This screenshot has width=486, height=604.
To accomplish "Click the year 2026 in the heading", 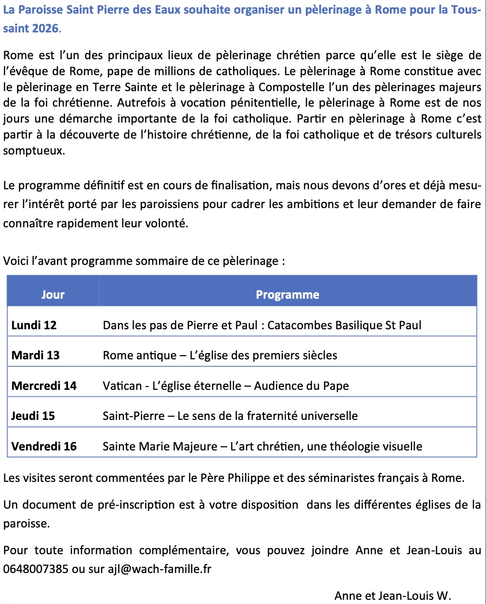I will coord(46,28).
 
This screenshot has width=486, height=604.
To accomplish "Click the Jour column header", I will coord(53,294).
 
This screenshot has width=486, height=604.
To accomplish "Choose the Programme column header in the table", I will coord(287,294).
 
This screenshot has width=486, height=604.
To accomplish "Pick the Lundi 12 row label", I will coord(34,325).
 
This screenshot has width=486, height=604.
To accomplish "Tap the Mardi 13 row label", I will coord(35,355).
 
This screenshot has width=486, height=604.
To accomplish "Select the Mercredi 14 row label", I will coord(44,386).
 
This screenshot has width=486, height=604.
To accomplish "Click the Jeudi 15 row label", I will coord(33,416).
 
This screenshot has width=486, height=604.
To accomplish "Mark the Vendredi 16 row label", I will coord(44,446).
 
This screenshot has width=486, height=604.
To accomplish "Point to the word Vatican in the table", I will coord(122,386).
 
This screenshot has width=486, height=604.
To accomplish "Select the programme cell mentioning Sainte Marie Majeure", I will coord(262,446).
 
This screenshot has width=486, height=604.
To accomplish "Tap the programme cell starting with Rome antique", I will coord(220,355).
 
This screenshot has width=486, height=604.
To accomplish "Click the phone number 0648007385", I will coord(36,569).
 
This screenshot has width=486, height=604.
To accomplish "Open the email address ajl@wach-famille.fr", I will coord(159,569).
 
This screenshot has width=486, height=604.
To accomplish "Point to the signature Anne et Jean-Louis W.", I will coord(393,596).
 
